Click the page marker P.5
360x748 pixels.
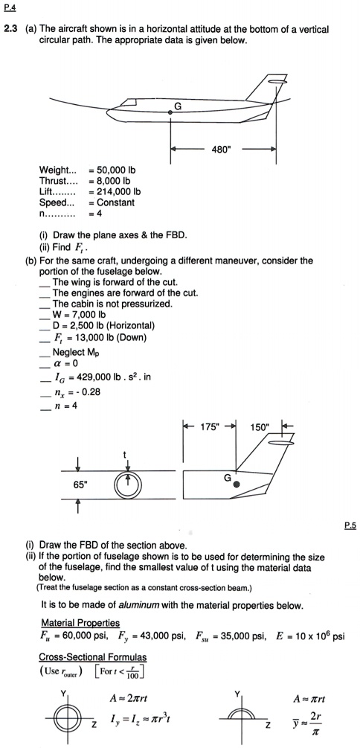(x=350, y=525)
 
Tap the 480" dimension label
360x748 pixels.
(x=219, y=149)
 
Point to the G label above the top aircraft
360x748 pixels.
(x=178, y=104)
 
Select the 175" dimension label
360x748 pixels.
(x=208, y=427)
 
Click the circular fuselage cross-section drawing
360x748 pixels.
(x=129, y=483)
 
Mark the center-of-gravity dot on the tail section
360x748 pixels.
(x=237, y=484)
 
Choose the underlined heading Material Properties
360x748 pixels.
(x=80, y=622)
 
